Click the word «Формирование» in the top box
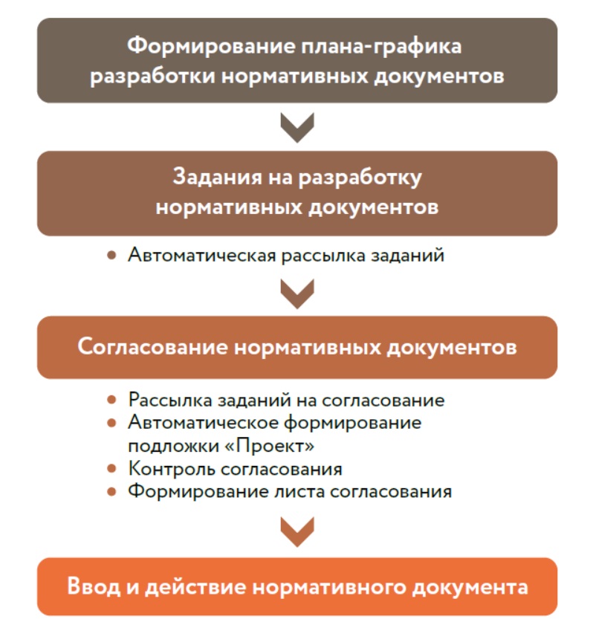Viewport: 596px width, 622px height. [x=211, y=47]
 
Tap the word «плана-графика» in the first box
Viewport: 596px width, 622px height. [x=381, y=47]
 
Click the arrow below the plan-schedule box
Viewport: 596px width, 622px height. [x=297, y=127]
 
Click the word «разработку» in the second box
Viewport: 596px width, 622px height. [x=360, y=178]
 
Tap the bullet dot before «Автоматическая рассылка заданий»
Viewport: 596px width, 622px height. [x=111, y=255]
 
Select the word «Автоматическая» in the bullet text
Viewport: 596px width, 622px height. [x=202, y=255]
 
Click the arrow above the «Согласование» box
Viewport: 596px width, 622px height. [x=297, y=294]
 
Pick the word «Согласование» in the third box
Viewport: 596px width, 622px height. [x=153, y=347]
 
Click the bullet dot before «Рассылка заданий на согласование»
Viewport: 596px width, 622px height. [x=111, y=400]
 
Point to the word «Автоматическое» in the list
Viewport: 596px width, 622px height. [x=203, y=423]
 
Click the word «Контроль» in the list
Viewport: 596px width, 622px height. [x=172, y=469]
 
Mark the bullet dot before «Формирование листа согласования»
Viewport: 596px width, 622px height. [x=111, y=492]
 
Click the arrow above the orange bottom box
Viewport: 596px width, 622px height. [x=297, y=532]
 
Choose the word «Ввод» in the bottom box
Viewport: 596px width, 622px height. [x=93, y=586]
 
